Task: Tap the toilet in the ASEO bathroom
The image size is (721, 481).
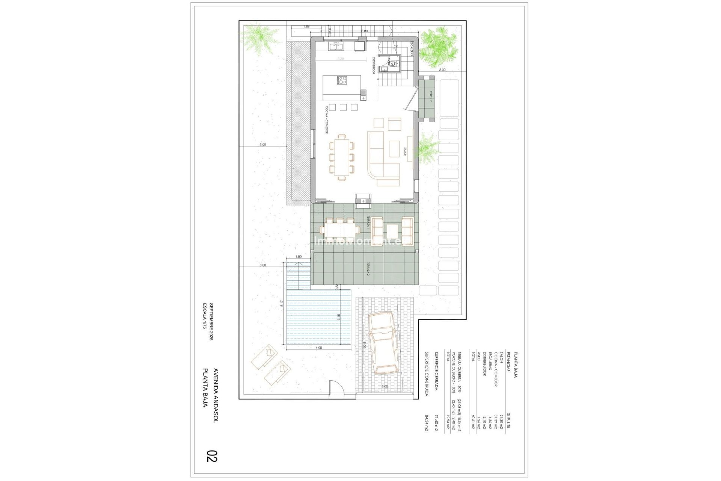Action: coord(392,64)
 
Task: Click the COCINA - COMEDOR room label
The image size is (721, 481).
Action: coord(327,120)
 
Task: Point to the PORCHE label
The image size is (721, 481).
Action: coord(431,97)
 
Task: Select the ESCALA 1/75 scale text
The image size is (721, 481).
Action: coord(205,316)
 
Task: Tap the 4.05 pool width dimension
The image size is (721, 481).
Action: coord(318,348)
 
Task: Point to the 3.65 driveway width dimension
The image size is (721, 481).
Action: coord(385,386)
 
